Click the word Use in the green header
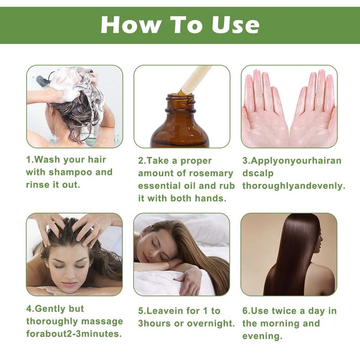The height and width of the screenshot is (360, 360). click(x=235, y=25)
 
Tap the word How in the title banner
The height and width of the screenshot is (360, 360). click(x=130, y=25)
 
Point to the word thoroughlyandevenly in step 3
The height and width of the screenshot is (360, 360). click(x=294, y=186)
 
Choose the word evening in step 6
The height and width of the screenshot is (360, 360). click(x=262, y=336)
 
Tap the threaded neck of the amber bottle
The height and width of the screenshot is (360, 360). click(x=181, y=103)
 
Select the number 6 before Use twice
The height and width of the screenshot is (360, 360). click(x=245, y=311)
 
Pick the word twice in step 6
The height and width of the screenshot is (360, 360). click(x=284, y=311)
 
